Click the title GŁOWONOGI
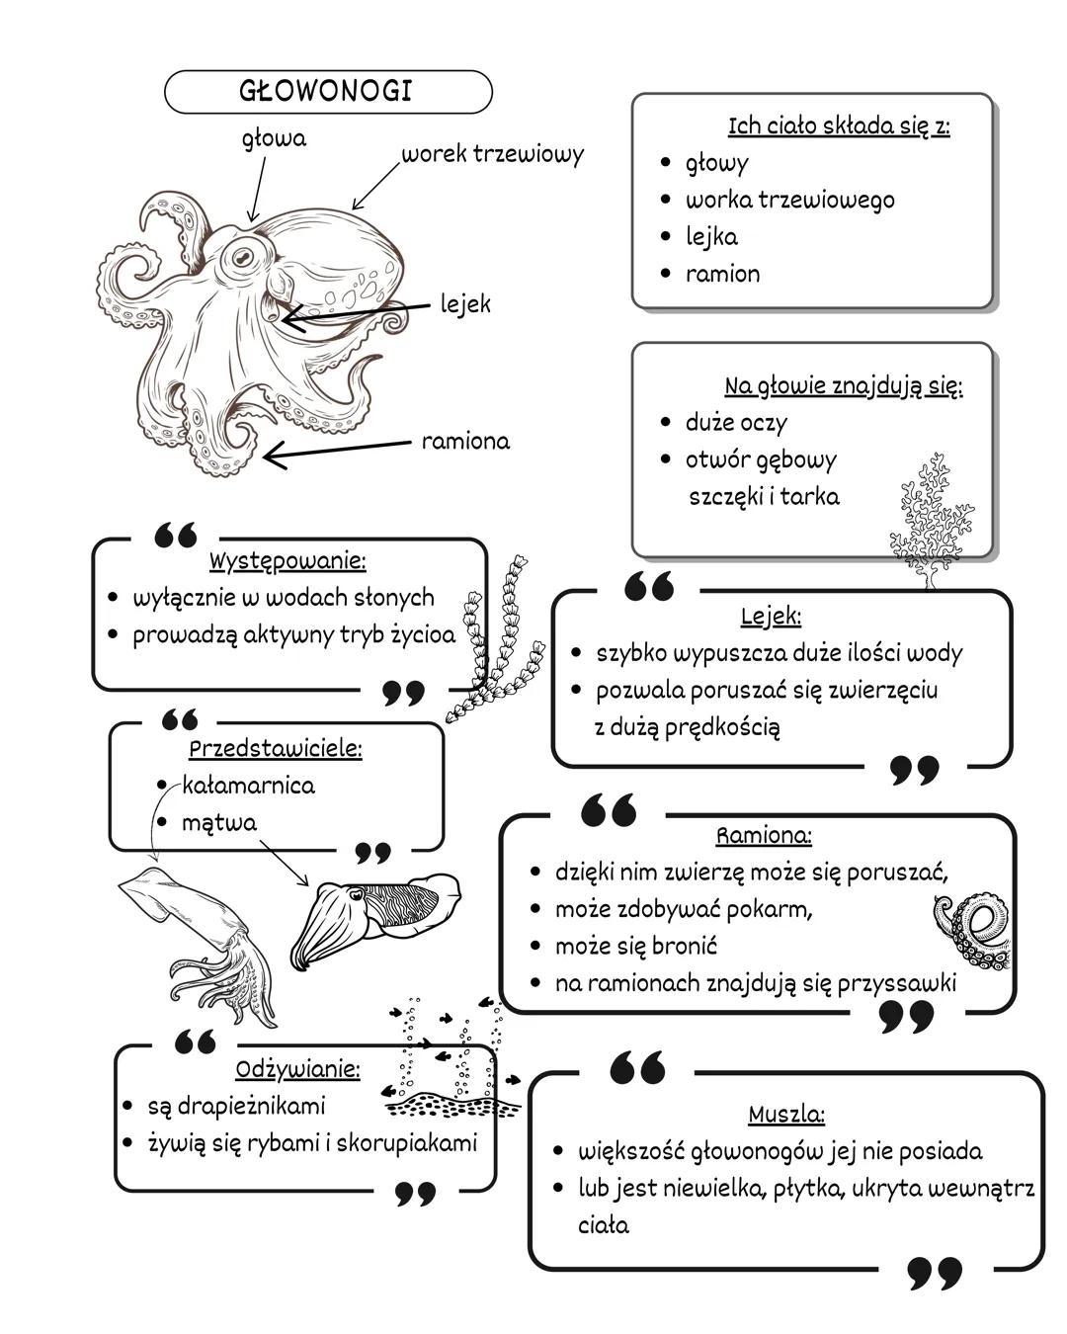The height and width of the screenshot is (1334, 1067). click(326, 91)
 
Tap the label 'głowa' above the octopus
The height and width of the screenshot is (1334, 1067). click(274, 139)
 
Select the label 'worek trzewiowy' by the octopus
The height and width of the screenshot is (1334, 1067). click(492, 154)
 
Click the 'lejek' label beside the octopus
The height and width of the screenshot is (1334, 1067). click(464, 304)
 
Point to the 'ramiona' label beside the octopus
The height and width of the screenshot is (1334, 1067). click(465, 441)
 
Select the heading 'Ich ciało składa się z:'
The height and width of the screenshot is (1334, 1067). click(839, 126)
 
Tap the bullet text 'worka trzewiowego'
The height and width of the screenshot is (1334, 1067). click(789, 200)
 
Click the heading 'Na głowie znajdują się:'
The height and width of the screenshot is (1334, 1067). click(843, 385)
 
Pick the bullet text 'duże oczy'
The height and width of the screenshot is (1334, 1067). click(736, 423)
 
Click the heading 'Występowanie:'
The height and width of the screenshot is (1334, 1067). click(287, 561)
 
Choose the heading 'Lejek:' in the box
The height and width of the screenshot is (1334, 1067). click(771, 617)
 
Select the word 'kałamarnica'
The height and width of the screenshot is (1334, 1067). click(248, 786)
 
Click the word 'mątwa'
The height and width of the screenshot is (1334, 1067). click(219, 822)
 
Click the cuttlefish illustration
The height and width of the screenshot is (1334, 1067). click(375, 919)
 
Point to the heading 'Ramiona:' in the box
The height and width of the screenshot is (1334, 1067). click(764, 836)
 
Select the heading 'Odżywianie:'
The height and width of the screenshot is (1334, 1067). click(297, 1069)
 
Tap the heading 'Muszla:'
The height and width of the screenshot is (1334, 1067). click(785, 1115)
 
